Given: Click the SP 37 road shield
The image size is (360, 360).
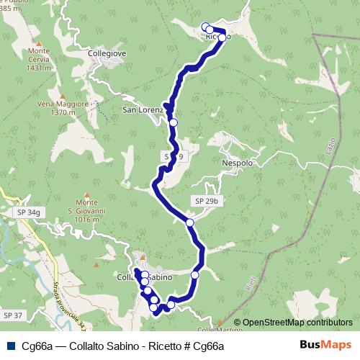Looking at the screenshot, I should [13, 315].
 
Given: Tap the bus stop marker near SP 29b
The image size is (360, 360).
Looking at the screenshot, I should [190, 223].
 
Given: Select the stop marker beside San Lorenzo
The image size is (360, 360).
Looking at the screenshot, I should [173, 122].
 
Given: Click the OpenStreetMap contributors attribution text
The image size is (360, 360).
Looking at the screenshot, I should [292, 323].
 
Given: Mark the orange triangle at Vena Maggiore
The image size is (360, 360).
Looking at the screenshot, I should [63, 96].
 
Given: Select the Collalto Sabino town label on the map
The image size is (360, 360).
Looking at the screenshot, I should [144, 276].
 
